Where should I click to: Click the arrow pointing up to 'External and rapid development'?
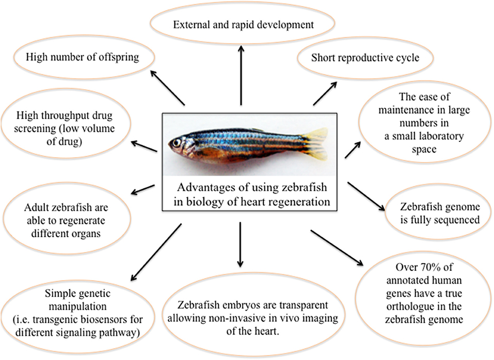241,72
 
